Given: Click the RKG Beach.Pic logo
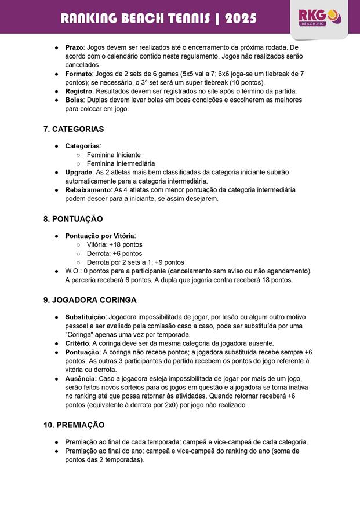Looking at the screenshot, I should pos(319,18).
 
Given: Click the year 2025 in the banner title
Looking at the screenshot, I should pos(241,19).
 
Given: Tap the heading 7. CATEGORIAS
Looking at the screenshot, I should pos(74,129).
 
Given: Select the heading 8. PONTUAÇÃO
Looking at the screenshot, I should pos(73,219).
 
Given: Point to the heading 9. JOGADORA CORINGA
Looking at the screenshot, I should pos(90,300).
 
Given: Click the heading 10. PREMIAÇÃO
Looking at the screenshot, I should pos(74,425).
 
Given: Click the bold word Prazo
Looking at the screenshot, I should pos(75,46).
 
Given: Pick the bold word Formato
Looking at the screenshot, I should pos(79,74).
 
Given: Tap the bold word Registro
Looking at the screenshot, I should pos(79,91).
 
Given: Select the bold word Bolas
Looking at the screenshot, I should pos(75,100).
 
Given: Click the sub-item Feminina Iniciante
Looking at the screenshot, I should pos(114,155).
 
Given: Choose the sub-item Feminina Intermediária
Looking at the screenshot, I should pos(121,164).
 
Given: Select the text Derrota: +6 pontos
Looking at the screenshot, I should pos(114,254).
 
